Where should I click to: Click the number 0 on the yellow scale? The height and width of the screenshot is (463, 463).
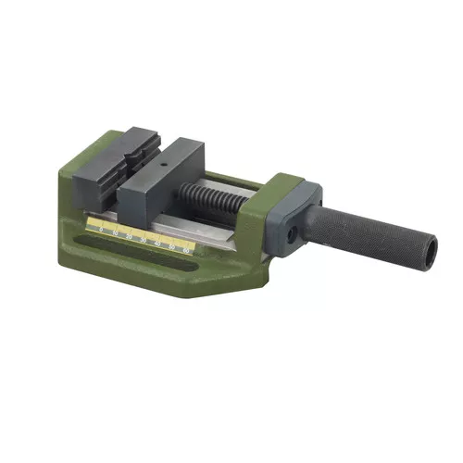point(101,230)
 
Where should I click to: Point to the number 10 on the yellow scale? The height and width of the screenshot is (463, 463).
point(116,233)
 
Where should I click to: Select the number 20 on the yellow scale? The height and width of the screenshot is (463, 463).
point(130,237)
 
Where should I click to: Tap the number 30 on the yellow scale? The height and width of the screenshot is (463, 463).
point(144,241)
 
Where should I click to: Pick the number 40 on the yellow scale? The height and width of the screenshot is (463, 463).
point(158,244)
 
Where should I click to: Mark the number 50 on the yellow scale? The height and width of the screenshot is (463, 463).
point(172,248)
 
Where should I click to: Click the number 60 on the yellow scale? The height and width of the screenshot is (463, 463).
point(186,251)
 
